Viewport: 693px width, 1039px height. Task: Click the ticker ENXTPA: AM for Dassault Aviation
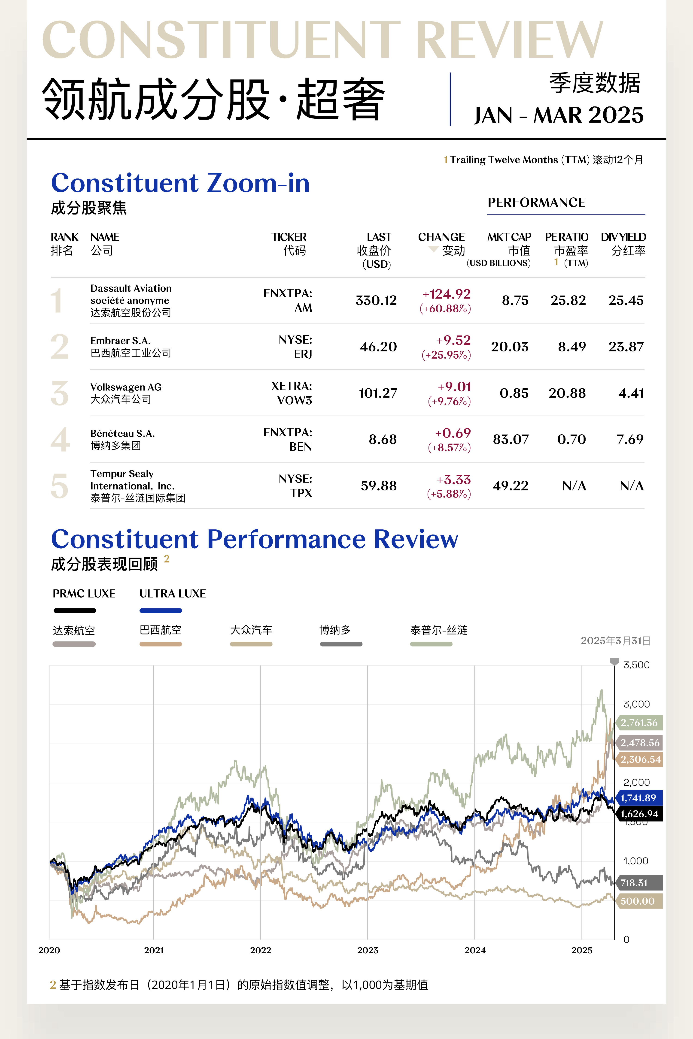coord(288,300)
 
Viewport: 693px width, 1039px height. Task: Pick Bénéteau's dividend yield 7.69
coord(630,439)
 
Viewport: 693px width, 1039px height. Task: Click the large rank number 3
coord(60,393)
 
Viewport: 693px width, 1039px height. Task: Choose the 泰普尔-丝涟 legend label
coord(438,630)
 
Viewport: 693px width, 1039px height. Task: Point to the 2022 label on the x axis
coord(260,950)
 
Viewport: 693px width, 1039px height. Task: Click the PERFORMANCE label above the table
coord(536,202)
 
